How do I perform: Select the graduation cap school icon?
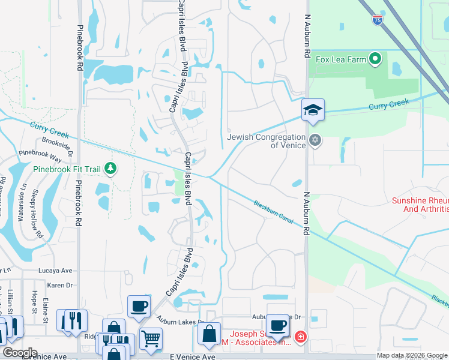click(x=313, y=110)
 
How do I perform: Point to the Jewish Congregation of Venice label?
click(x=266, y=141)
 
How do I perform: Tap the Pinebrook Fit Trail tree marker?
click(x=110, y=169)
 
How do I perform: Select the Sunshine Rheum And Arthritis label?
click(x=420, y=205)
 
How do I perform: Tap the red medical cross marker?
click(x=300, y=340)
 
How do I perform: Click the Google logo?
click(x=20, y=352)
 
